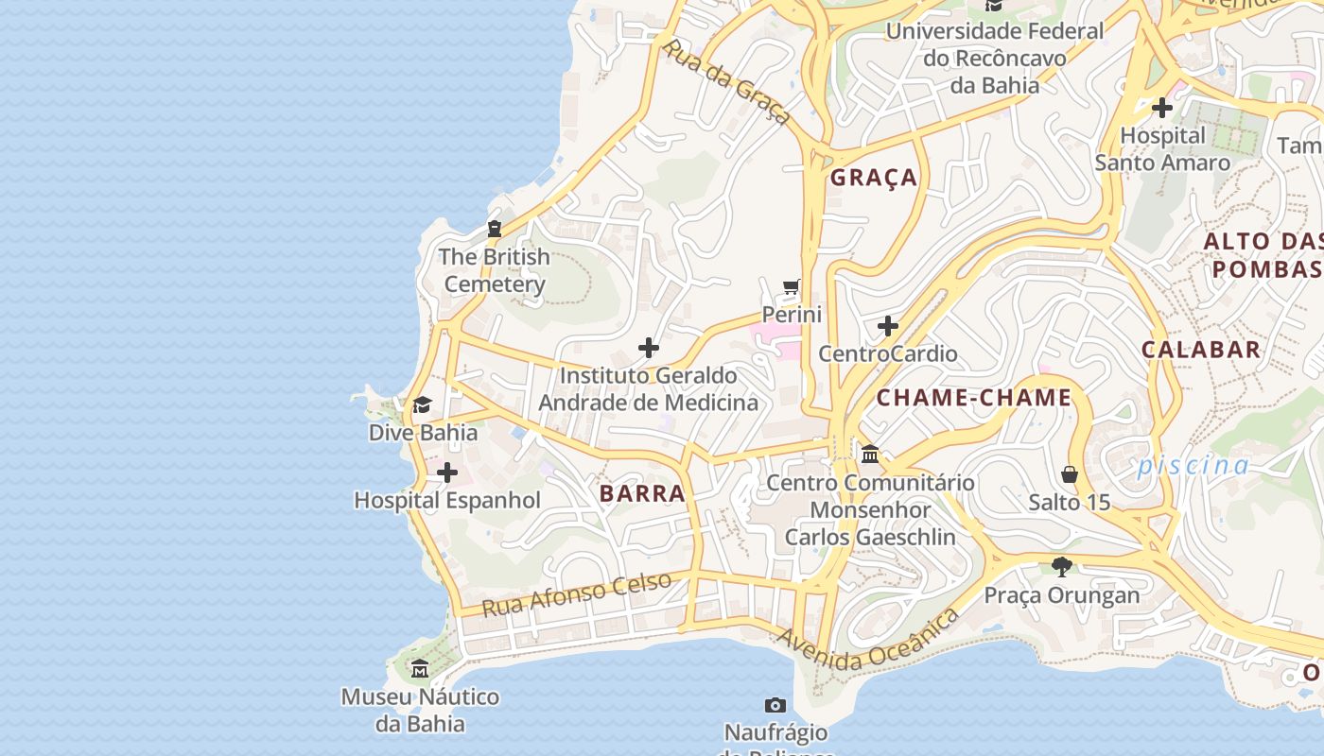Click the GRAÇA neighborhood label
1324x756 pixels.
[874, 178]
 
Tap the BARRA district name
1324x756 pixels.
[642, 493]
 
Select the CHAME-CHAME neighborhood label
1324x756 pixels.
[973, 398]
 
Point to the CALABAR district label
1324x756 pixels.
[1201, 350]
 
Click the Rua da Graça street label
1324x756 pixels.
[725, 81]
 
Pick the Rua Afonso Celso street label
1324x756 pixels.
[577, 594]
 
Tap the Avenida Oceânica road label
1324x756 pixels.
[867, 642]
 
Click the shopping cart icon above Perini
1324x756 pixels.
[792, 286]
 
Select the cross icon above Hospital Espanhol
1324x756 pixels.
[447, 472]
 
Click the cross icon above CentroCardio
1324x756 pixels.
[887, 327]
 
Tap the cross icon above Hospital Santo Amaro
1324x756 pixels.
[1162, 108]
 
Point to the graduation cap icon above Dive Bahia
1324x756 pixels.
[422, 405]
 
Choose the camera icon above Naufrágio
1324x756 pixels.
[775, 705]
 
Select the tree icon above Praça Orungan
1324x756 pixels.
[1062, 567]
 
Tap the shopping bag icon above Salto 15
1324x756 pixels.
[1070, 473]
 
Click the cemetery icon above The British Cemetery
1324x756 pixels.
[494, 229]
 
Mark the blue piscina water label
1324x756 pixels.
[1193, 465]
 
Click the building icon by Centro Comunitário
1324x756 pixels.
[870, 455]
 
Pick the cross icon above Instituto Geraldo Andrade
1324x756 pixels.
[649, 348]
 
